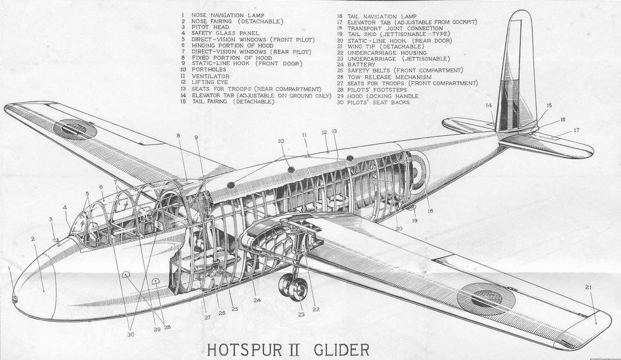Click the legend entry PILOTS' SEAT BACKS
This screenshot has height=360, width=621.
378,102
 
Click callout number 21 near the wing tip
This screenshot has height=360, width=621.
589,288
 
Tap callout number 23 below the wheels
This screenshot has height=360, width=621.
300,314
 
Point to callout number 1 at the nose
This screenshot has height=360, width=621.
10,268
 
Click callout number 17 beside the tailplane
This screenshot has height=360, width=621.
576,131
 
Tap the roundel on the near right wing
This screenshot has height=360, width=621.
486,298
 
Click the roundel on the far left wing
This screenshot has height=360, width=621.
75,129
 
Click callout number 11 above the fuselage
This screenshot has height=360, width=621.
305,135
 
